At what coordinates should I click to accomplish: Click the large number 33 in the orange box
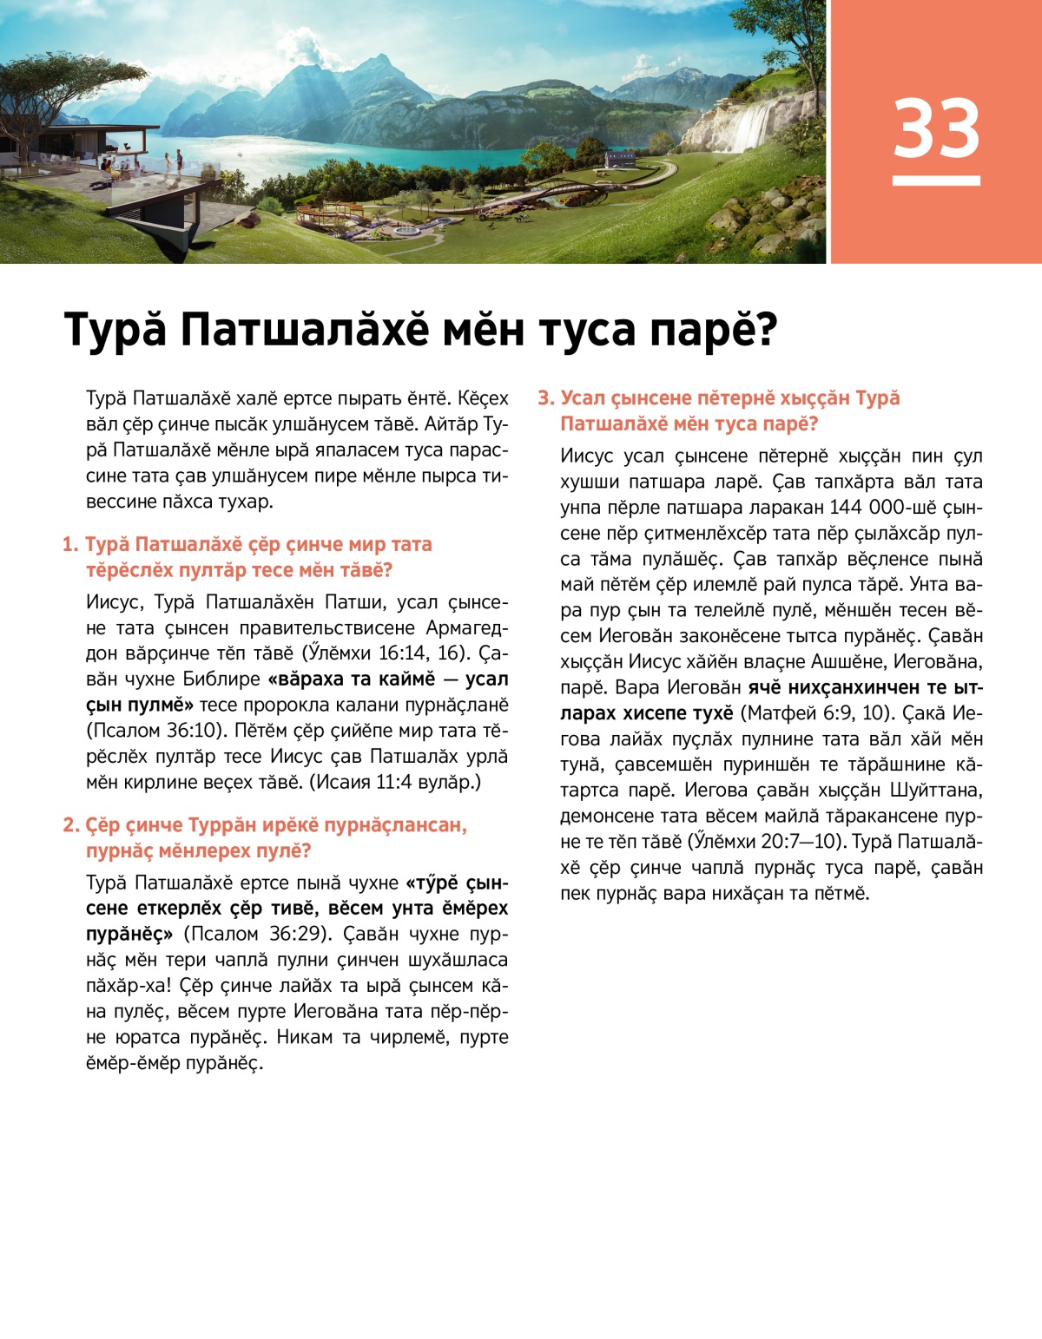[x=936, y=128]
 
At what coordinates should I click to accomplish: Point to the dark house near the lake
[x=620, y=160]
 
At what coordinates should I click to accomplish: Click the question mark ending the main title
[x=765, y=330]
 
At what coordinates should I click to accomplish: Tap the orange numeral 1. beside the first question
[x=70, y=545]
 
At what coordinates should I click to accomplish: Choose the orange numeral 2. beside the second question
[x=70, y=825]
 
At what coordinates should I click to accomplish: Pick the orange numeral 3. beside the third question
[x=545, y=398]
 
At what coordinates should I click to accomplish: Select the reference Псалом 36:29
[x=258, y=934]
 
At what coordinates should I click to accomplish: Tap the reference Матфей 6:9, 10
[x=816, y=713]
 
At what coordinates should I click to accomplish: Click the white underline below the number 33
[x=936, y=181]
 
